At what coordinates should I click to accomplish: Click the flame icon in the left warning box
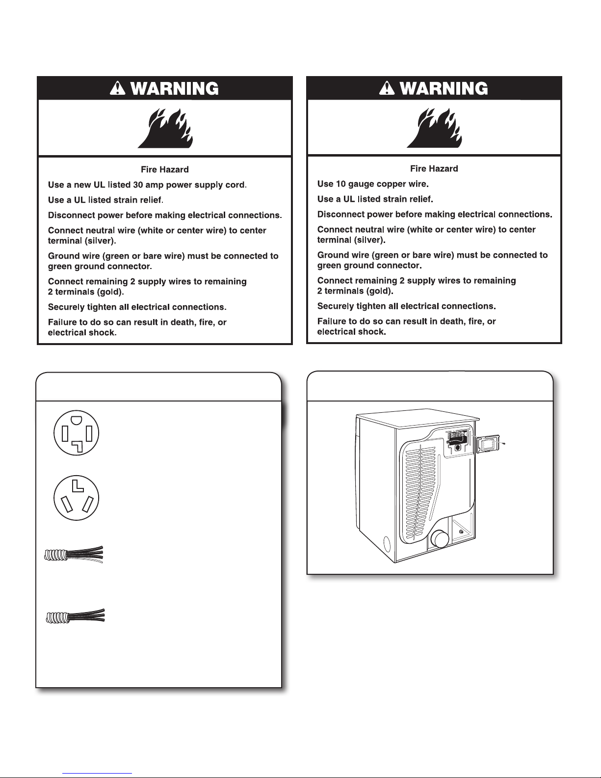(165, 128)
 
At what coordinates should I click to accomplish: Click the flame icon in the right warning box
(434, 127)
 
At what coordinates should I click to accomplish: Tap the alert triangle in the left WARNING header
(118, 89)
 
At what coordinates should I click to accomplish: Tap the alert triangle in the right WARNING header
(387, 88)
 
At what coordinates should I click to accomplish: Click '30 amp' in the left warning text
(151, 185)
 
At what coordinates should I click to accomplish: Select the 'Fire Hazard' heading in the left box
(165, 169)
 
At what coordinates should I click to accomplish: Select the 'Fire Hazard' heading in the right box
(434, 168)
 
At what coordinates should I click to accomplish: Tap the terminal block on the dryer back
(456, 436)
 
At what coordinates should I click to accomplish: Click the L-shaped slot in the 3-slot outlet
(76, 486)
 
